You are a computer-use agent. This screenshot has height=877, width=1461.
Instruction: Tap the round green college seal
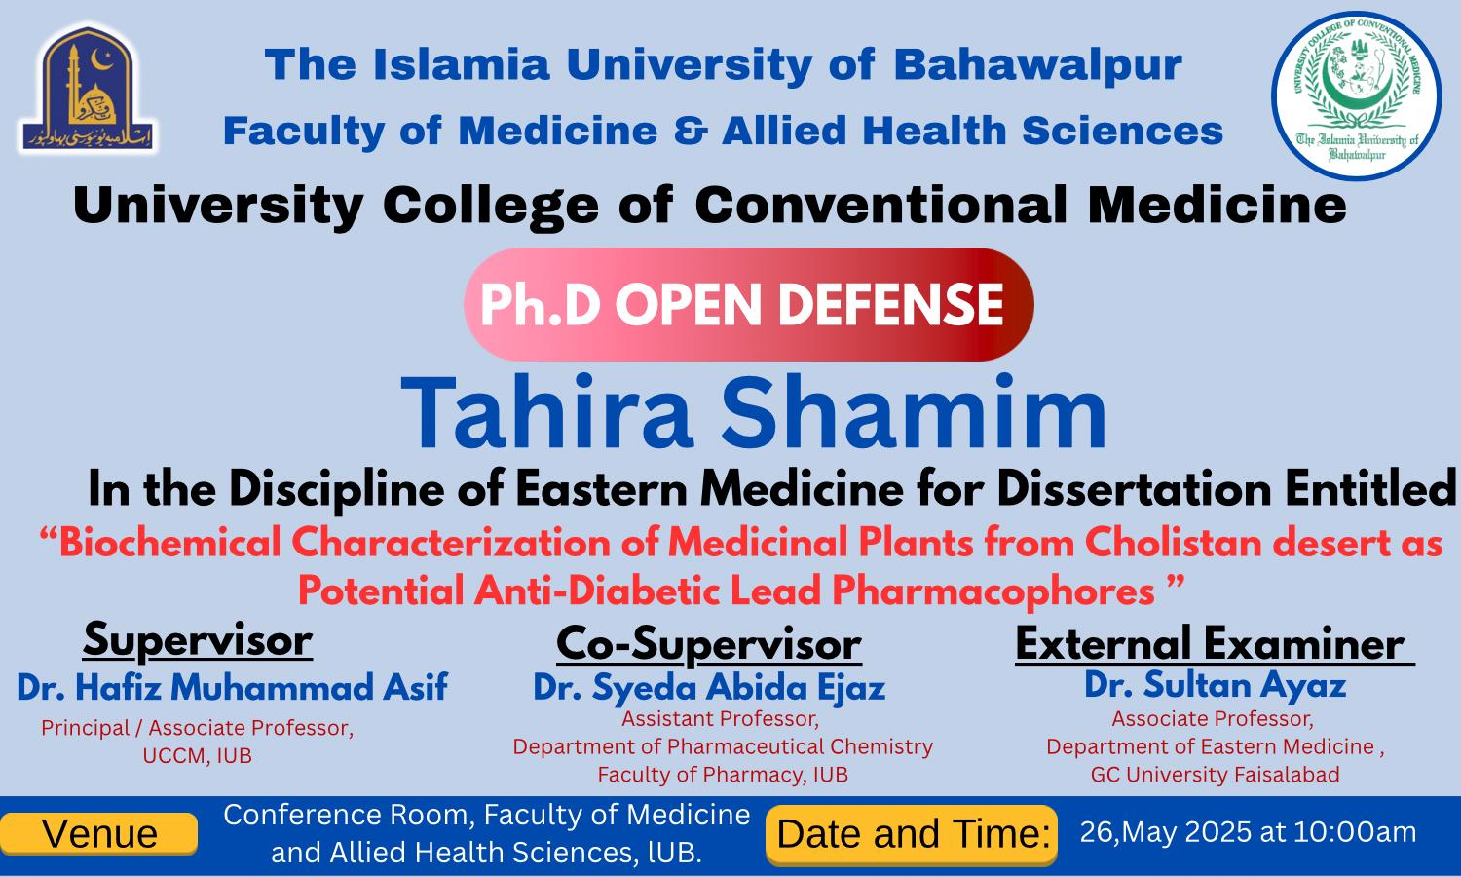1357,95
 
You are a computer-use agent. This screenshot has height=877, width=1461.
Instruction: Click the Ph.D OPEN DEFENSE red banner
748,305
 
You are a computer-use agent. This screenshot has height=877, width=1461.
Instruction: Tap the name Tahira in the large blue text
546,412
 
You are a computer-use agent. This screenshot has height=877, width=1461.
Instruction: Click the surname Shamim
914,412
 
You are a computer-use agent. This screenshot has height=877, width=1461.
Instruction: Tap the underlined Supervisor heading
198,640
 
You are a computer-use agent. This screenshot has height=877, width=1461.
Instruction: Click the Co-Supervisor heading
709,644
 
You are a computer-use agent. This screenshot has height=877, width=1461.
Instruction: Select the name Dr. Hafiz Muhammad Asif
232,687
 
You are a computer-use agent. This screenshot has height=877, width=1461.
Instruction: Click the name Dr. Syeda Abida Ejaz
710,688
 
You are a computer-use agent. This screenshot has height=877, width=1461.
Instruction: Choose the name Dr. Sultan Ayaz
1216,685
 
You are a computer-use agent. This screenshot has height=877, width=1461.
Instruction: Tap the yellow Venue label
99,834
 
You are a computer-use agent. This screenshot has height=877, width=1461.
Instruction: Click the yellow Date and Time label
912,835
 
